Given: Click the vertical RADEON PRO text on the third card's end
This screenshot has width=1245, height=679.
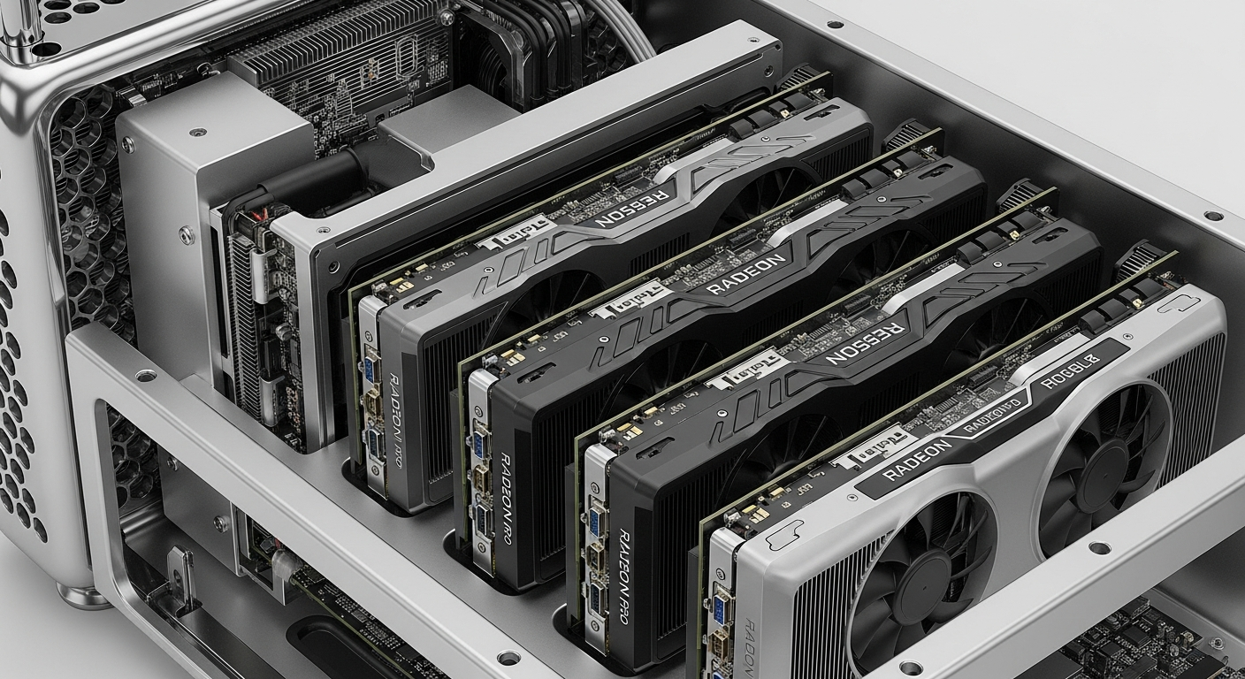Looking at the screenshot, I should click(623, 566).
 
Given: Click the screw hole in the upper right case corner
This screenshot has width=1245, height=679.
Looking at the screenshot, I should click(1212, 216).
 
